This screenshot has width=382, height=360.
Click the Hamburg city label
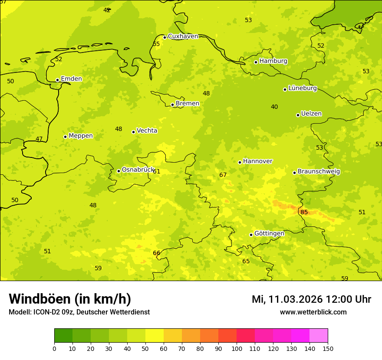[x=273, y=61]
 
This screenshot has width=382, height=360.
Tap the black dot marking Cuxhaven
[x=165, y=37]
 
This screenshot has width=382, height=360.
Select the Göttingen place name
[x=269, y=233]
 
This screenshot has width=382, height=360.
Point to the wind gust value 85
[x=304, y=212]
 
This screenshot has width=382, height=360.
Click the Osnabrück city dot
[x=119, y=171]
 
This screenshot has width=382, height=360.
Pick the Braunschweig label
[x=319, y=172]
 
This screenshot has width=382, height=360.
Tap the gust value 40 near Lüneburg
[x=274, y=107]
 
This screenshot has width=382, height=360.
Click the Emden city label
[x=71, y=79]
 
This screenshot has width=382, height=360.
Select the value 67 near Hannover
[x=223, y=175]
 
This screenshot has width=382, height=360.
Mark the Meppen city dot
[x=65, y=137]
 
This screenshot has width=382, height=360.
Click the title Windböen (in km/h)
[x=70, y=299]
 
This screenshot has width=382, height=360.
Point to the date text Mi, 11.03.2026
[x=286, y=299]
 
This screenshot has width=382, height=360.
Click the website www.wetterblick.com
[x=313, y=312]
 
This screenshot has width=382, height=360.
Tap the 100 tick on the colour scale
[x=237, y=348]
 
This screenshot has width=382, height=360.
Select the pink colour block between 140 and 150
[x=319, y=336]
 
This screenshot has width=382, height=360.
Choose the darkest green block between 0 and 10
[x=63, y=336]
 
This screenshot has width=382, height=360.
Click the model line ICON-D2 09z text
[x=53, y=312]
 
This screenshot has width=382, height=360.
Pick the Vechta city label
[x=147, y=131]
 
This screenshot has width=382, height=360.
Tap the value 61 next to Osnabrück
[x=156, y=171]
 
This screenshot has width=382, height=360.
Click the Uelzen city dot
[x=298, y=115]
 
